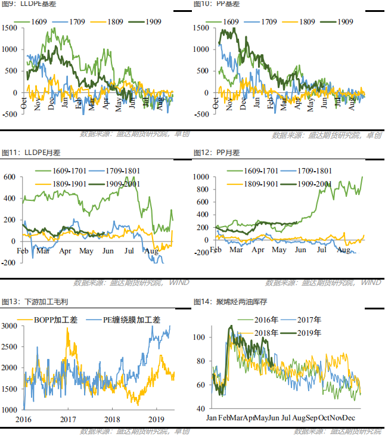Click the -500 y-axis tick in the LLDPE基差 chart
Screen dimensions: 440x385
tap(10, 114)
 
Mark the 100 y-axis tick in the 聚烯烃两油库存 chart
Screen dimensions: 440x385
tap(201, 337)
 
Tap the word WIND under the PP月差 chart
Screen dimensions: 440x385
tap(371, 282)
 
